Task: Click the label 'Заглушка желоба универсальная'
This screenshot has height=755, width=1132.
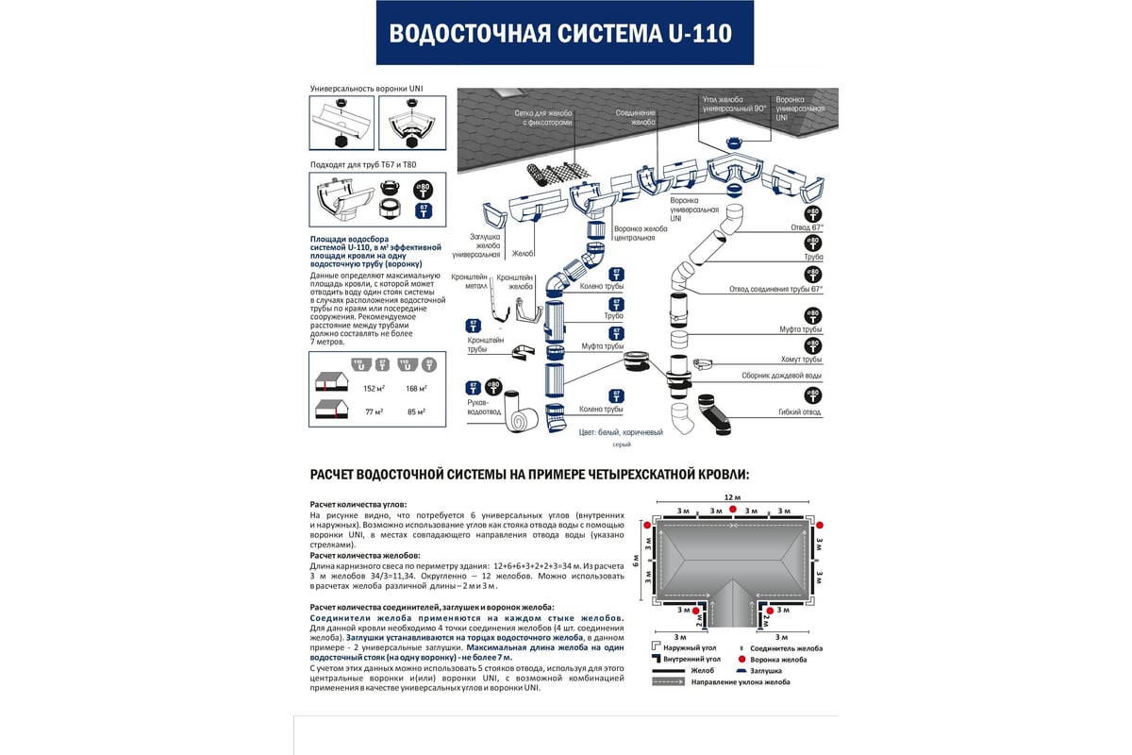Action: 476,245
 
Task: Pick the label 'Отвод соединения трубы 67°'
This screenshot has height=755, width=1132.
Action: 776,290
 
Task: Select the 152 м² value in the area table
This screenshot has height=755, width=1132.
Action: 375,388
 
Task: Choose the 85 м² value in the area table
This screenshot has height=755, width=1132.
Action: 415,411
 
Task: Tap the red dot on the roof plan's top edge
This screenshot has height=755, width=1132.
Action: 731,510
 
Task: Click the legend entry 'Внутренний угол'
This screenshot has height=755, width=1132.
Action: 693,660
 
